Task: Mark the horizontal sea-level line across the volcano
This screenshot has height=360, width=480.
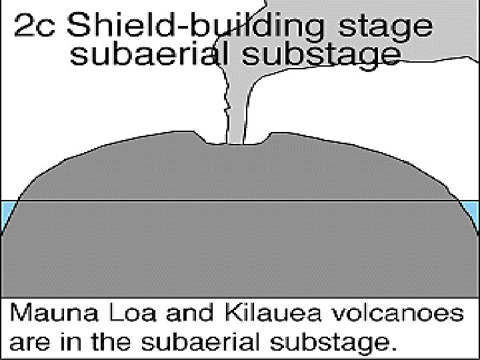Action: [x=240, y=200]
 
